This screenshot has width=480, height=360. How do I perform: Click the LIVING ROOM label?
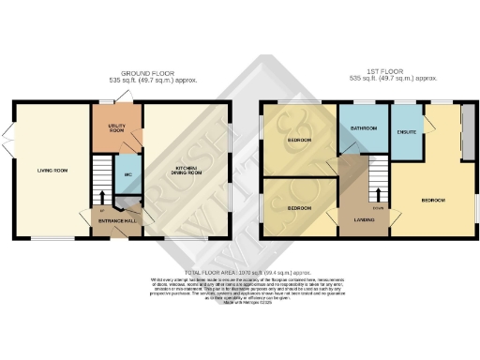[52, 170]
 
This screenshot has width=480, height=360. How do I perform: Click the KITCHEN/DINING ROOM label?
[188, 172]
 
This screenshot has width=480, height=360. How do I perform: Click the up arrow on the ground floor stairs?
[101, 198]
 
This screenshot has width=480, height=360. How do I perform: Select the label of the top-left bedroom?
[300, 140]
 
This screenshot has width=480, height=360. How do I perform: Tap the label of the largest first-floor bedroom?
[433, 201]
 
